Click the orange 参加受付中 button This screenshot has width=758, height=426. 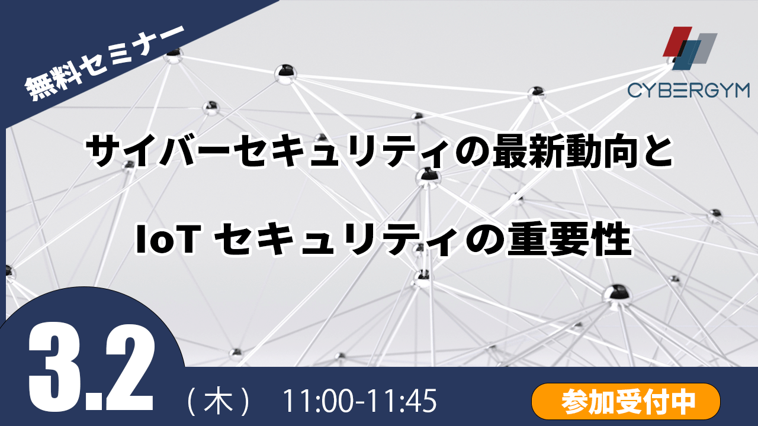(x=626, y=401)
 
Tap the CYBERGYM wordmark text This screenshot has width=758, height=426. (x=689, y=91)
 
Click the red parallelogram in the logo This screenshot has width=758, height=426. (x=677, y=41)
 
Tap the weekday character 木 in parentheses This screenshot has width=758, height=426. (x=219, y=401)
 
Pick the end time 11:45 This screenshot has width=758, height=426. (x=403, y=401)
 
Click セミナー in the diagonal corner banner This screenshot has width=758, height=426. (x=132, y=51)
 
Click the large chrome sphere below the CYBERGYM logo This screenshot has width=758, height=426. (x=536, y=92)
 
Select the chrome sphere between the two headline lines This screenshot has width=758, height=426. (x=428, y=177)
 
